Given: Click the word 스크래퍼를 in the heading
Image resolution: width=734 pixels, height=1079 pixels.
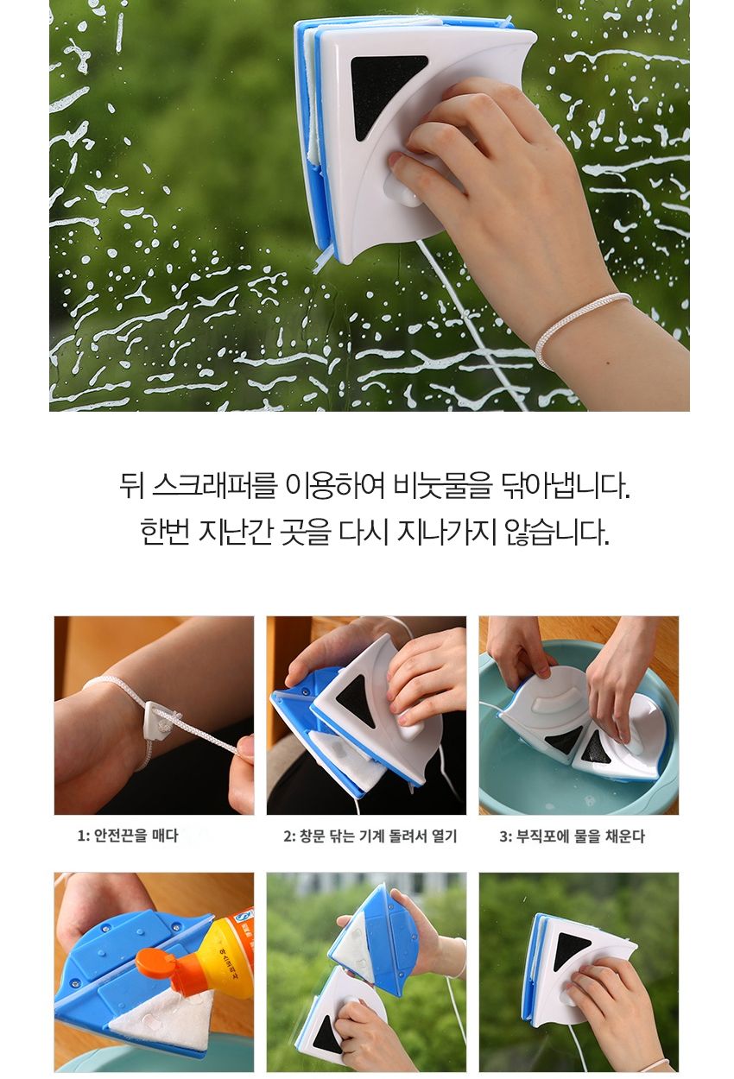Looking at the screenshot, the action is (214, 487).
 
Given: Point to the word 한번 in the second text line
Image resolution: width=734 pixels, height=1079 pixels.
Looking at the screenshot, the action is (164, 532).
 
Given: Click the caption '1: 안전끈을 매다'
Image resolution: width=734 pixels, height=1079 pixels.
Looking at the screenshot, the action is (128, 836).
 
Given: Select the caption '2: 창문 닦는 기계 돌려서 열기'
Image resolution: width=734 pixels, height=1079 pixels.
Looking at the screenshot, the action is (370, 836).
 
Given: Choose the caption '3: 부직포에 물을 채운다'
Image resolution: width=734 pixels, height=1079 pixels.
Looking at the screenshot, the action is (572, 836).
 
